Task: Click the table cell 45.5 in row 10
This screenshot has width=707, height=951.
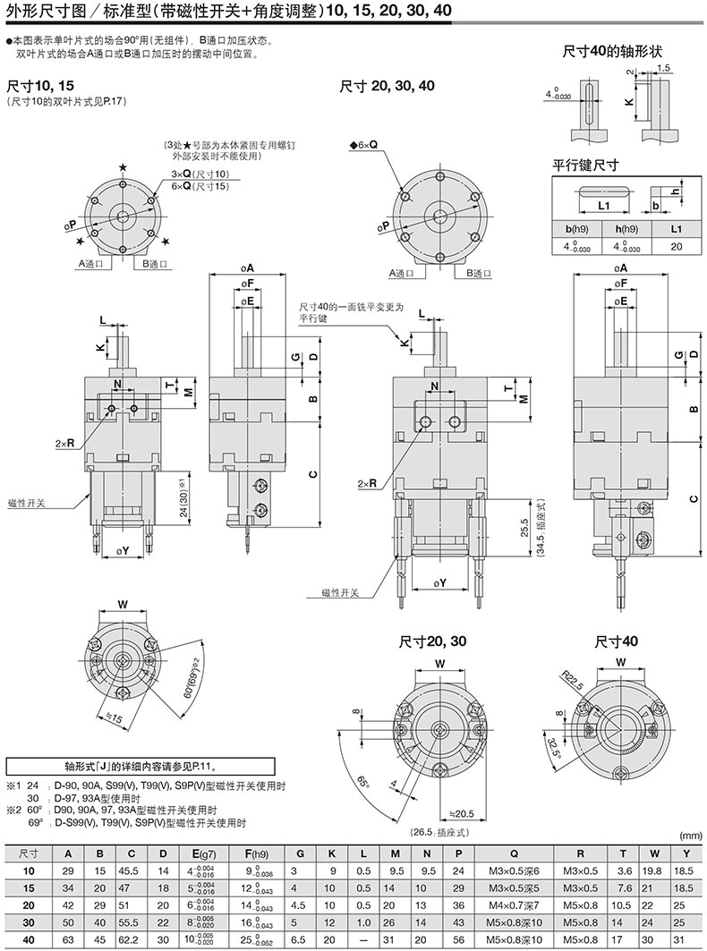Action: coord(131,871)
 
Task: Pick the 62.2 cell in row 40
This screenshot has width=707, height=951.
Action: coord(131,940)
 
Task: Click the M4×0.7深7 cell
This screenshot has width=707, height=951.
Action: coord(514,905)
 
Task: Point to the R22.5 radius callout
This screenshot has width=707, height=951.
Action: coord(572,680)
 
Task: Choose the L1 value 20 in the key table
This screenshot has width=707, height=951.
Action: coord(676,246)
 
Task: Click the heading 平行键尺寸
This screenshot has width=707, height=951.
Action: coord(585,165)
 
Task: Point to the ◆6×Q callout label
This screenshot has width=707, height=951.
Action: coord(364,145)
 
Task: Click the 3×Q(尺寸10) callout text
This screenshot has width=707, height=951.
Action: coord(205,174)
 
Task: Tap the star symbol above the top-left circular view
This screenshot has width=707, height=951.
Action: coord(124,167)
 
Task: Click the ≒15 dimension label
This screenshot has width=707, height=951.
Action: coord(114,717)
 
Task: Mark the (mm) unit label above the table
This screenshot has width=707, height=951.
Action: coord(691,836)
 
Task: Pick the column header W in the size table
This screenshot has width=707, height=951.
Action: coord(654,854)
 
